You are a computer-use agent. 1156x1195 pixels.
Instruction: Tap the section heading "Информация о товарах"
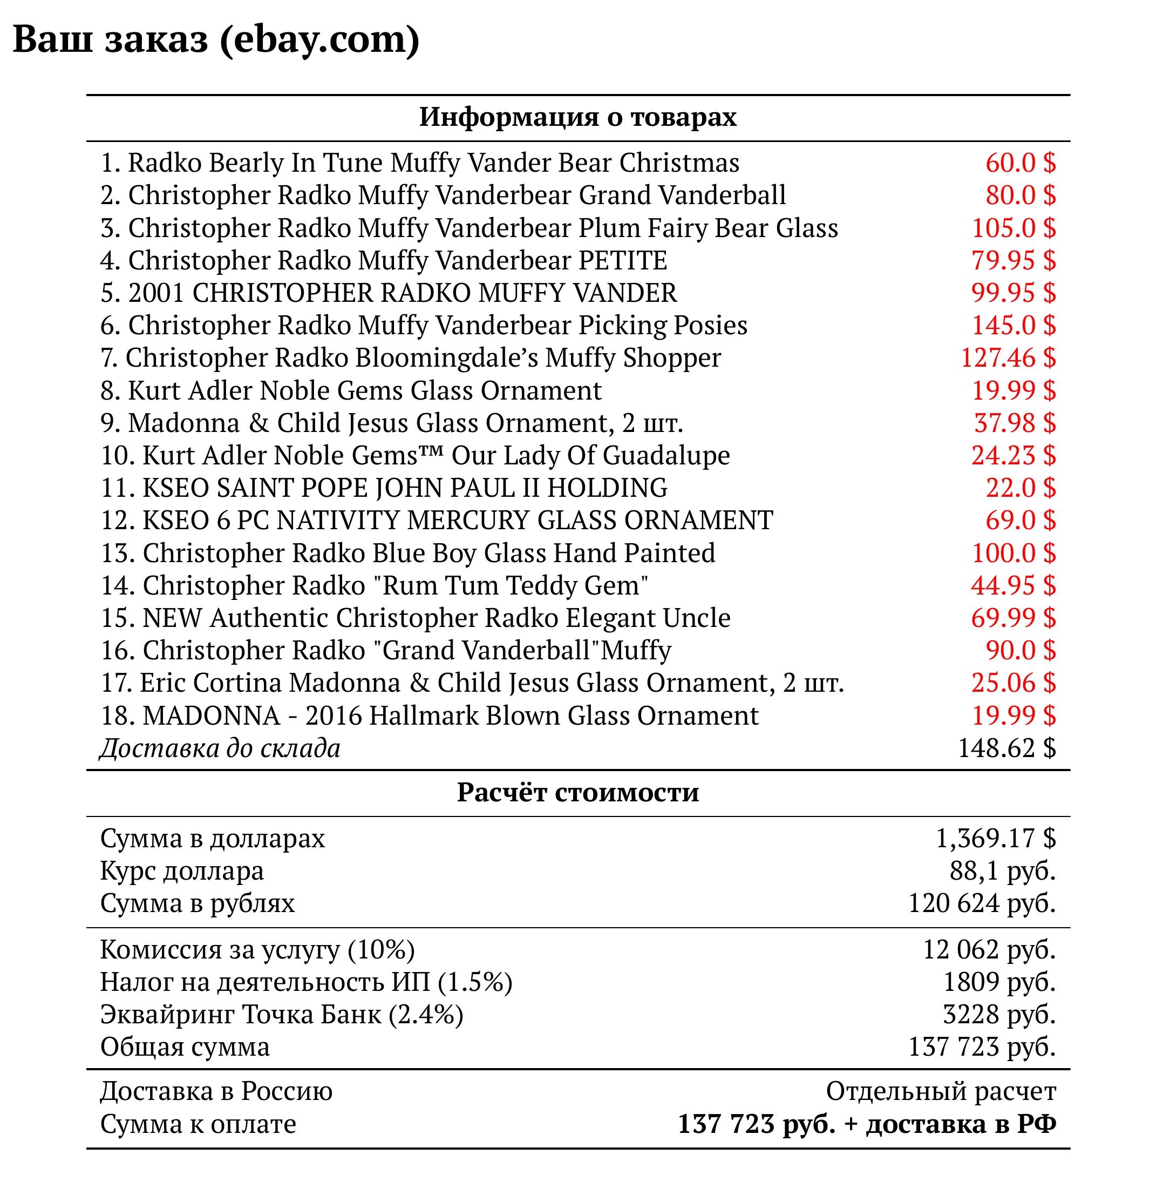577,117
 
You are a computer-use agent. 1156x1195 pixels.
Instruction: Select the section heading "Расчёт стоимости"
577,792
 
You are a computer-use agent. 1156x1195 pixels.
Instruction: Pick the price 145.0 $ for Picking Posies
1014,326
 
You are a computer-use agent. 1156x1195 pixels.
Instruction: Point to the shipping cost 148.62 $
1007,748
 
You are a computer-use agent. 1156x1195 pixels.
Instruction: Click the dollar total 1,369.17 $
996,838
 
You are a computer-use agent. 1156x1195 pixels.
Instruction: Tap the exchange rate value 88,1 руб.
1002,870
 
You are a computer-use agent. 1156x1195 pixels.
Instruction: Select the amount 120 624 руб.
982,903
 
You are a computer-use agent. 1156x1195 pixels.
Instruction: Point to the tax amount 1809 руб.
999,982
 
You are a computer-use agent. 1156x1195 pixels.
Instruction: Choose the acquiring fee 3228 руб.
999,1014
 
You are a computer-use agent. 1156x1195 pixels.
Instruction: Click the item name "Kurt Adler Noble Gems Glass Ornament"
364,391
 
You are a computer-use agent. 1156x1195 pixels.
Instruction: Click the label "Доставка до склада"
220,748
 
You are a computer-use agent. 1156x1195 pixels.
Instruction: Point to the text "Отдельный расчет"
941,1091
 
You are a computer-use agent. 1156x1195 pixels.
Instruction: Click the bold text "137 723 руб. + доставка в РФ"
867,1124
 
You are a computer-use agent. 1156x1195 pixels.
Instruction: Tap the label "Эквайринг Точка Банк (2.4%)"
282,1014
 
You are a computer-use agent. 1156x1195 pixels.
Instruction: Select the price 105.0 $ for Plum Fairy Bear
1014,228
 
